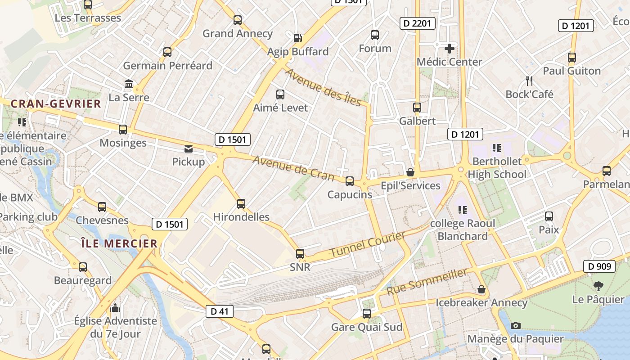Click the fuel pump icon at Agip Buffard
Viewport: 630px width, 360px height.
[297, 38]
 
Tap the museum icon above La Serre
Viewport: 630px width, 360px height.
[129, 84]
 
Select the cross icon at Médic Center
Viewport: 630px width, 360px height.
[449, 49]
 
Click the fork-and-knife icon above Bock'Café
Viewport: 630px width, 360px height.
[529, 81]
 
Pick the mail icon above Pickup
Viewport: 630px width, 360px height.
[189, 148]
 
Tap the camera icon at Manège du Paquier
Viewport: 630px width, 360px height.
[516, 325]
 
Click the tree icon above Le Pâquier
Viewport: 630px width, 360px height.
[598, 286]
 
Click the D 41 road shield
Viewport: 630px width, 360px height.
[220, 311]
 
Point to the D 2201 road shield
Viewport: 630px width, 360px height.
[418, 23]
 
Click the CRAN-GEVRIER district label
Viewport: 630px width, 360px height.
[56, 104]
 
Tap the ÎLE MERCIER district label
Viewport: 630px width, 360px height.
[119, 244]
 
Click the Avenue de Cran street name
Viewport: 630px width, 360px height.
[293, 168]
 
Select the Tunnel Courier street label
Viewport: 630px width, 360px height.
[367, 245]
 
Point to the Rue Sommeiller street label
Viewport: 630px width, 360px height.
[427, 282]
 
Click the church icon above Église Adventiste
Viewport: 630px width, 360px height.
[115, 308]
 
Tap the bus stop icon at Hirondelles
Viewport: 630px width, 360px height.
[241, 204]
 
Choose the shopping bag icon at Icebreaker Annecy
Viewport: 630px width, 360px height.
[481, 289]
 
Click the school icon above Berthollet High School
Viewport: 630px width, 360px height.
[497, 148]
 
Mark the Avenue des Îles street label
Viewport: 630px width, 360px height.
[323, 88]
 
